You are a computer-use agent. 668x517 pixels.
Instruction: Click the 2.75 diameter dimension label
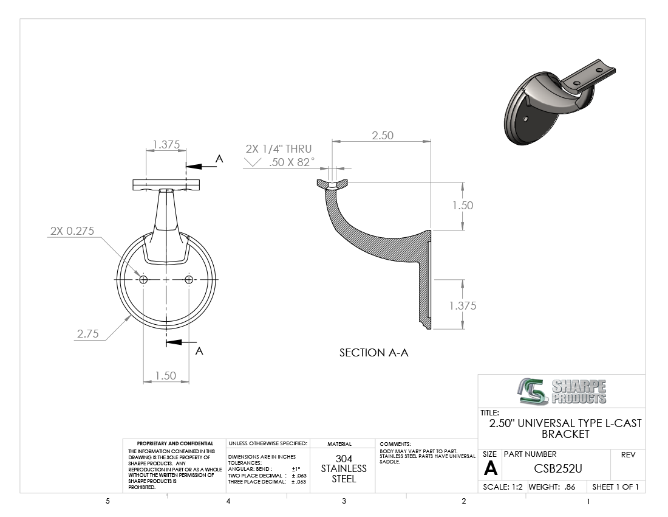tap(88, 333)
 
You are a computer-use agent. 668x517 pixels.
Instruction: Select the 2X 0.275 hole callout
tap(72, 231)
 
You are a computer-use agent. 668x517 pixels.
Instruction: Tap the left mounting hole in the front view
tap(143, 279)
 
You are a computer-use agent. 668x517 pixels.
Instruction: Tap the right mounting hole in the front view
tap(189, 279)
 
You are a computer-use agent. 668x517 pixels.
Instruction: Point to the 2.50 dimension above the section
tap(382, 135)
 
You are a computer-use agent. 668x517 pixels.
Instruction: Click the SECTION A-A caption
tap(373, 353)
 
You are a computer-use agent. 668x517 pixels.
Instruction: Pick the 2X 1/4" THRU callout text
tap(279, 149)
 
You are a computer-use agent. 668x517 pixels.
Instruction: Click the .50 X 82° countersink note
tap(291, 162)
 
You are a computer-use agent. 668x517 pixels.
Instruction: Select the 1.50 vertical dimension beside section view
tap(463, 205)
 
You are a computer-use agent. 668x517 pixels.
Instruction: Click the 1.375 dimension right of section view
tap(463, 305)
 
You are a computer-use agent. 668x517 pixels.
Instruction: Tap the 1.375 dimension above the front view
tap(166, 145)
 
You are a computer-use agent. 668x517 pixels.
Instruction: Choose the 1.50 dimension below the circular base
tap(165, 375)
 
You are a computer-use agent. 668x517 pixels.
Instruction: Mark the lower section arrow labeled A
tap(181, 342)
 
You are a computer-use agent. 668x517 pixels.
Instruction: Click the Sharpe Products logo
tap(562, 391)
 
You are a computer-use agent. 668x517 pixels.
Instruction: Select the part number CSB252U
tap(557, 468)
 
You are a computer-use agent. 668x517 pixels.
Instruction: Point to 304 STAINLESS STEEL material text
tap(344, 468)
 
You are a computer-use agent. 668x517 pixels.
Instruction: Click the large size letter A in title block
tap(490, 469)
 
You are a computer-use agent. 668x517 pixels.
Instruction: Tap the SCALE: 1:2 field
tap(503, 487)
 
